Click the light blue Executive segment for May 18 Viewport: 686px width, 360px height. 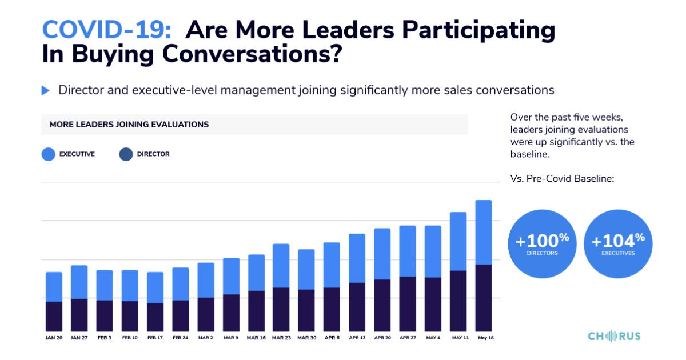(484, 232)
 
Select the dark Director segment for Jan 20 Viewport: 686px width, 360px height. (54, 316)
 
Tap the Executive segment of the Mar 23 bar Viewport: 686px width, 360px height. (281, 266)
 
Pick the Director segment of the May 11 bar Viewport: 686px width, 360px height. (458, 301)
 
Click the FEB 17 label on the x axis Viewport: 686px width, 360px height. (155, 338)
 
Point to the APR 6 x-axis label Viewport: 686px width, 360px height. (332, 338)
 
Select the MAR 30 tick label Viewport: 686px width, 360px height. (306, 338)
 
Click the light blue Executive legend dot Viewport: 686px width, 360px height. (49, 154)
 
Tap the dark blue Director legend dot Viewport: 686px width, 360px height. (126, 154)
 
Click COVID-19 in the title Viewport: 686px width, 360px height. (106, 30)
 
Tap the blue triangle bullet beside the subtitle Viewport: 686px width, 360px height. (46, 90)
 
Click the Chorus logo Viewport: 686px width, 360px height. (615, 336)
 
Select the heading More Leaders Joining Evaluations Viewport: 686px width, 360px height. (129, 124)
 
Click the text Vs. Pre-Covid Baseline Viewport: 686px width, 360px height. (562, 179)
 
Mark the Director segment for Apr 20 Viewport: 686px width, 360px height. (382, 305)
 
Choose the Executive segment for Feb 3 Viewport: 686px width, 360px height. (105, 285)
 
